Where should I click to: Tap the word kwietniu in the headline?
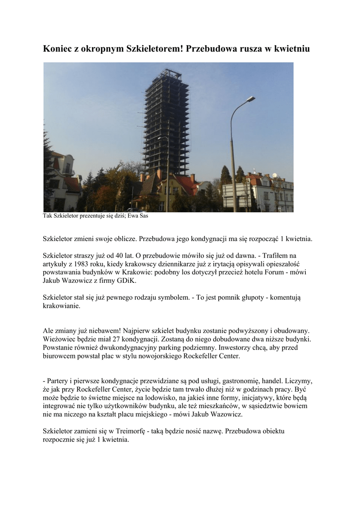(291, 49)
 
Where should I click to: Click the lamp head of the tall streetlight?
(251, 99)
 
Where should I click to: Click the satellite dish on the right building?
(274, 176)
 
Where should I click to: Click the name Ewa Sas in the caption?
(140, 216)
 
